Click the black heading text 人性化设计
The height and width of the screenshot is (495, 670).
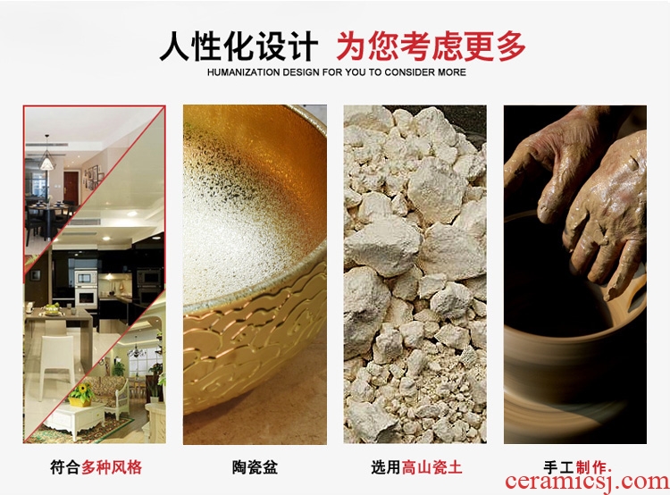tap(239, 46)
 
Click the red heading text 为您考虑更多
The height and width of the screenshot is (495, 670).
tap(431, 46)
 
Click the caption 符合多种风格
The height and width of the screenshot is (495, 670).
tap(96, 466)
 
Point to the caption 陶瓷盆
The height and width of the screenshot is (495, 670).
tap(255, 466)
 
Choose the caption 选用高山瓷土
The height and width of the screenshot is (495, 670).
tap(416, 466)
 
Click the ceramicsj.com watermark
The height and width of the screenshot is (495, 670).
tap(587, 482)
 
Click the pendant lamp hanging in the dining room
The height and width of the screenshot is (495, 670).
tap(46, 158)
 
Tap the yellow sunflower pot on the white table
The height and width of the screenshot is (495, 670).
tap(80, 395)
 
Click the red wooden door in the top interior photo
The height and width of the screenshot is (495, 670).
tap(71, 188)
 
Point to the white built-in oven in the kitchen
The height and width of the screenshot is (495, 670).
tap(86, 288)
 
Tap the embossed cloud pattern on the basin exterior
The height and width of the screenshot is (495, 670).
tap(252, 342)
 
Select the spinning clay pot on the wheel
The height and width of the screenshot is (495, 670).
tap(573, 342)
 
